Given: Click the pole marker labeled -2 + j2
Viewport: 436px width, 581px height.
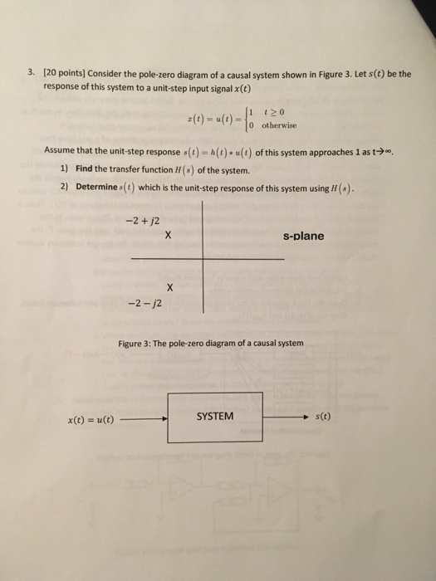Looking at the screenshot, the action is tap(168, 236).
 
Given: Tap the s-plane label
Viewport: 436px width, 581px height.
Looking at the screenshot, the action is tap(303, 236).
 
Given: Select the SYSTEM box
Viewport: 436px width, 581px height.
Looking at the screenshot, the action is tap(216, 416).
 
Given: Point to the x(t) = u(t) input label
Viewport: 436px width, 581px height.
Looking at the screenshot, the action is tap(91, 420).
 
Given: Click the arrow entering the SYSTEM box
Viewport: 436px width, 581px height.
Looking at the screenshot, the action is tap(145, 419).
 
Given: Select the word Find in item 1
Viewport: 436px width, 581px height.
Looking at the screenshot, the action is tap(86, 168).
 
